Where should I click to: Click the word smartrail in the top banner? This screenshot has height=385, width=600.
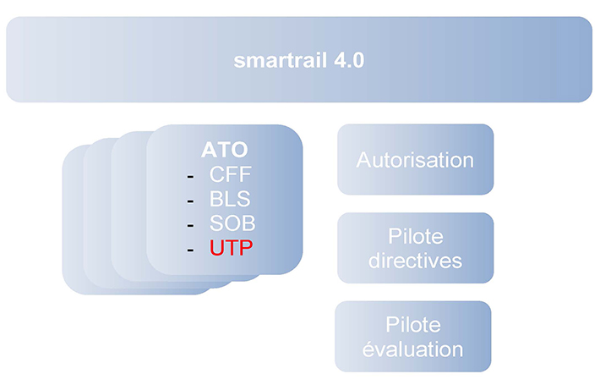(x=280, y=61)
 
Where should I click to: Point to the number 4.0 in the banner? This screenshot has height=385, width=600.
(x=349, y=61)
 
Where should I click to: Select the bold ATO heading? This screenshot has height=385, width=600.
(x=225, y=150)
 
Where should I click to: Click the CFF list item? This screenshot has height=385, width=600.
(x=231, y=174)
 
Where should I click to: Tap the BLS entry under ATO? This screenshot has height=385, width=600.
(x=230, y=199)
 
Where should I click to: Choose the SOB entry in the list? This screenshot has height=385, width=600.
(x=232, y=223)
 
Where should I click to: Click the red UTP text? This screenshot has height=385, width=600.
(x=231, y=247)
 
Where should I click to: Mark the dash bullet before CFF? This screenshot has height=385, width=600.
(x=190, y=177)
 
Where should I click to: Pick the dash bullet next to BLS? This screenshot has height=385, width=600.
(x=190, y=201)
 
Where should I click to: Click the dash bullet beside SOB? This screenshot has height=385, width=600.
(x=190, y=226)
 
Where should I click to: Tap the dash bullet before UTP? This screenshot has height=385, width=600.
(x=190, y=250)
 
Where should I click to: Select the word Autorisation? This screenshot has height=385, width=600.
(x=415, y=160)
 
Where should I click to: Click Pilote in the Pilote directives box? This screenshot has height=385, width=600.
(x=416, y=236)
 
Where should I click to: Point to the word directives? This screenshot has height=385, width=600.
(x=415, y=261)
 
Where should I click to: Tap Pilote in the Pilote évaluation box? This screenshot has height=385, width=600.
(x=413, y=324)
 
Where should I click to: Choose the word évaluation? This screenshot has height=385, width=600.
(x=413, y=349)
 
